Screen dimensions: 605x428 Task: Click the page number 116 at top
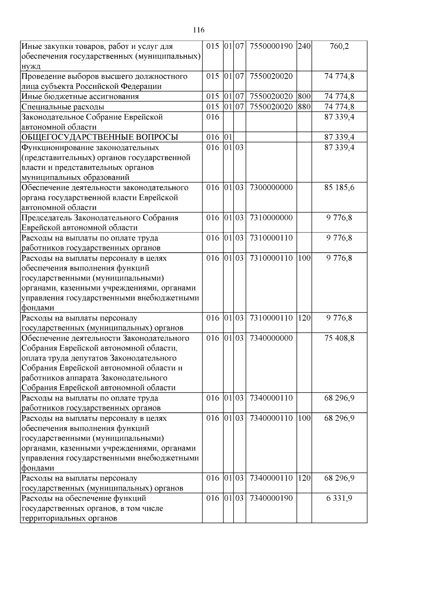pos(199,30)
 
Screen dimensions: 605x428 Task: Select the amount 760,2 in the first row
pos(339,46)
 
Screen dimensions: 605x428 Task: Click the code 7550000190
pos(271,46)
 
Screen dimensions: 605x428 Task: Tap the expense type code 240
pos(304,46)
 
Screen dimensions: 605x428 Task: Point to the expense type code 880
pos(304,107)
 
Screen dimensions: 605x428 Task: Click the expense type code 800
pos(304,97)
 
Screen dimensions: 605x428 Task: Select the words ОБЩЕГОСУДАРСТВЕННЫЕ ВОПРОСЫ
pos(100,138)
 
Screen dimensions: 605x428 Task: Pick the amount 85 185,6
pos(339,188)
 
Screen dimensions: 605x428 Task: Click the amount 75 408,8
pos(339,338)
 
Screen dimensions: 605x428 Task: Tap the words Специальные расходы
pos(63,107)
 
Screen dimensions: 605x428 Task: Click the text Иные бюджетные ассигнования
pos(80,97)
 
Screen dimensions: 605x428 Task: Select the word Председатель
pos(46,218)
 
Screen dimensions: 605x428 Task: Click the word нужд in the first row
pos(31,66)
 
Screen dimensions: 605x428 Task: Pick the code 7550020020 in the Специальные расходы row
pos(271,107)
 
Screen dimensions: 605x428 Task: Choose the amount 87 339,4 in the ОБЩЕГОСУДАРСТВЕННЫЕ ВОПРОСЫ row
pos(339,137)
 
